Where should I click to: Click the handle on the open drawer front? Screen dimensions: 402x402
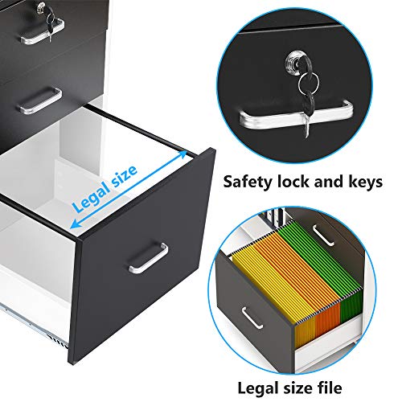tap(148, 258)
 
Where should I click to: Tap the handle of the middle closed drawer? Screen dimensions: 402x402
tap(40, 100)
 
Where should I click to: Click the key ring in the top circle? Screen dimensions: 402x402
tap(309, 81)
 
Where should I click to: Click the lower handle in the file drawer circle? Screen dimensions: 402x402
tap(252, 318)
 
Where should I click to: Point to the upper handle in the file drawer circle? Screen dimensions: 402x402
tap(322, 236)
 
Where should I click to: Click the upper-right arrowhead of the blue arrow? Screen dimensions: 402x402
tap(183, 154)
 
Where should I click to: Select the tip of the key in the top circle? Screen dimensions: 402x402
tap(306, 137)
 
